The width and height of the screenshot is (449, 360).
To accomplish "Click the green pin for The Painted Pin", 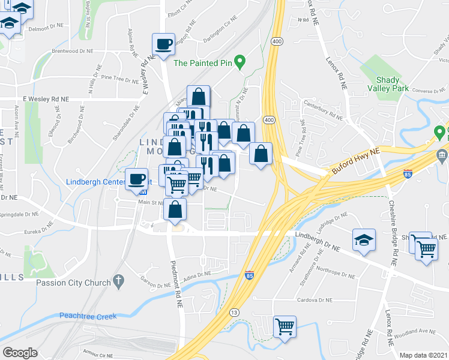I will point(240,61).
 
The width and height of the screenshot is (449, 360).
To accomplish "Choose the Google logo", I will point(20,353).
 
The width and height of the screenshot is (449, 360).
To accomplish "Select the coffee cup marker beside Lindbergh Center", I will point(137,179).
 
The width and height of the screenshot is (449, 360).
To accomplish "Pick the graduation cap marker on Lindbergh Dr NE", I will point(364,240).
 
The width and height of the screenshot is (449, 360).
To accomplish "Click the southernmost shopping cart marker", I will point(285,327).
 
